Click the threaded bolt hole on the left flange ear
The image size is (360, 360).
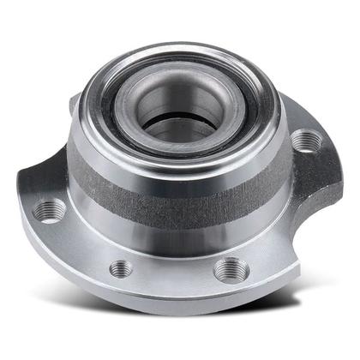(x=51, y=209)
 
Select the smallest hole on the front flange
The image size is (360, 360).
(x=122, y=267)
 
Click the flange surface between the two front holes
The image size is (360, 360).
(x=176, y=270)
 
